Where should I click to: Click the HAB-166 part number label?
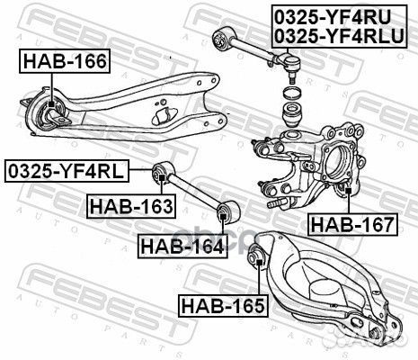click(x=64, y=62)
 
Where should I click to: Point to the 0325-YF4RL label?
click(x=67, y=168)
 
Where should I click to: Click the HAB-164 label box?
click(x=181, y=244)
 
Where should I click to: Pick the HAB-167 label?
click(x=351, y=224)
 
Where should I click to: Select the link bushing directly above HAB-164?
click(x=227, y=213)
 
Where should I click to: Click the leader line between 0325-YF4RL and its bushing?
click(x=142, y=168)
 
